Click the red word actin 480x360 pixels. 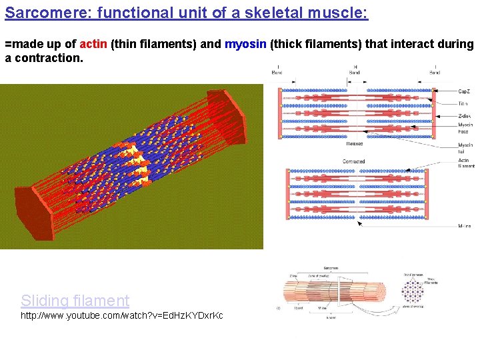pos(93,45)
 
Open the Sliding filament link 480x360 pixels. pos(75,301)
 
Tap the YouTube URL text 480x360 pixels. pos(122,315)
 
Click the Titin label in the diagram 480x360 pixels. pos(463,103)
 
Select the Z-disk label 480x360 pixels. pos(465,115)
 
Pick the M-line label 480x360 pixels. pos(464,226)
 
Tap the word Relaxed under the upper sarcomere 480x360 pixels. pos(354,143)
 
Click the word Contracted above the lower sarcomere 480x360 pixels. pos(353,161)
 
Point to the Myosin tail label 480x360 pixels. pos(465,147)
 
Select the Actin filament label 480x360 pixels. pos(466,163)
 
